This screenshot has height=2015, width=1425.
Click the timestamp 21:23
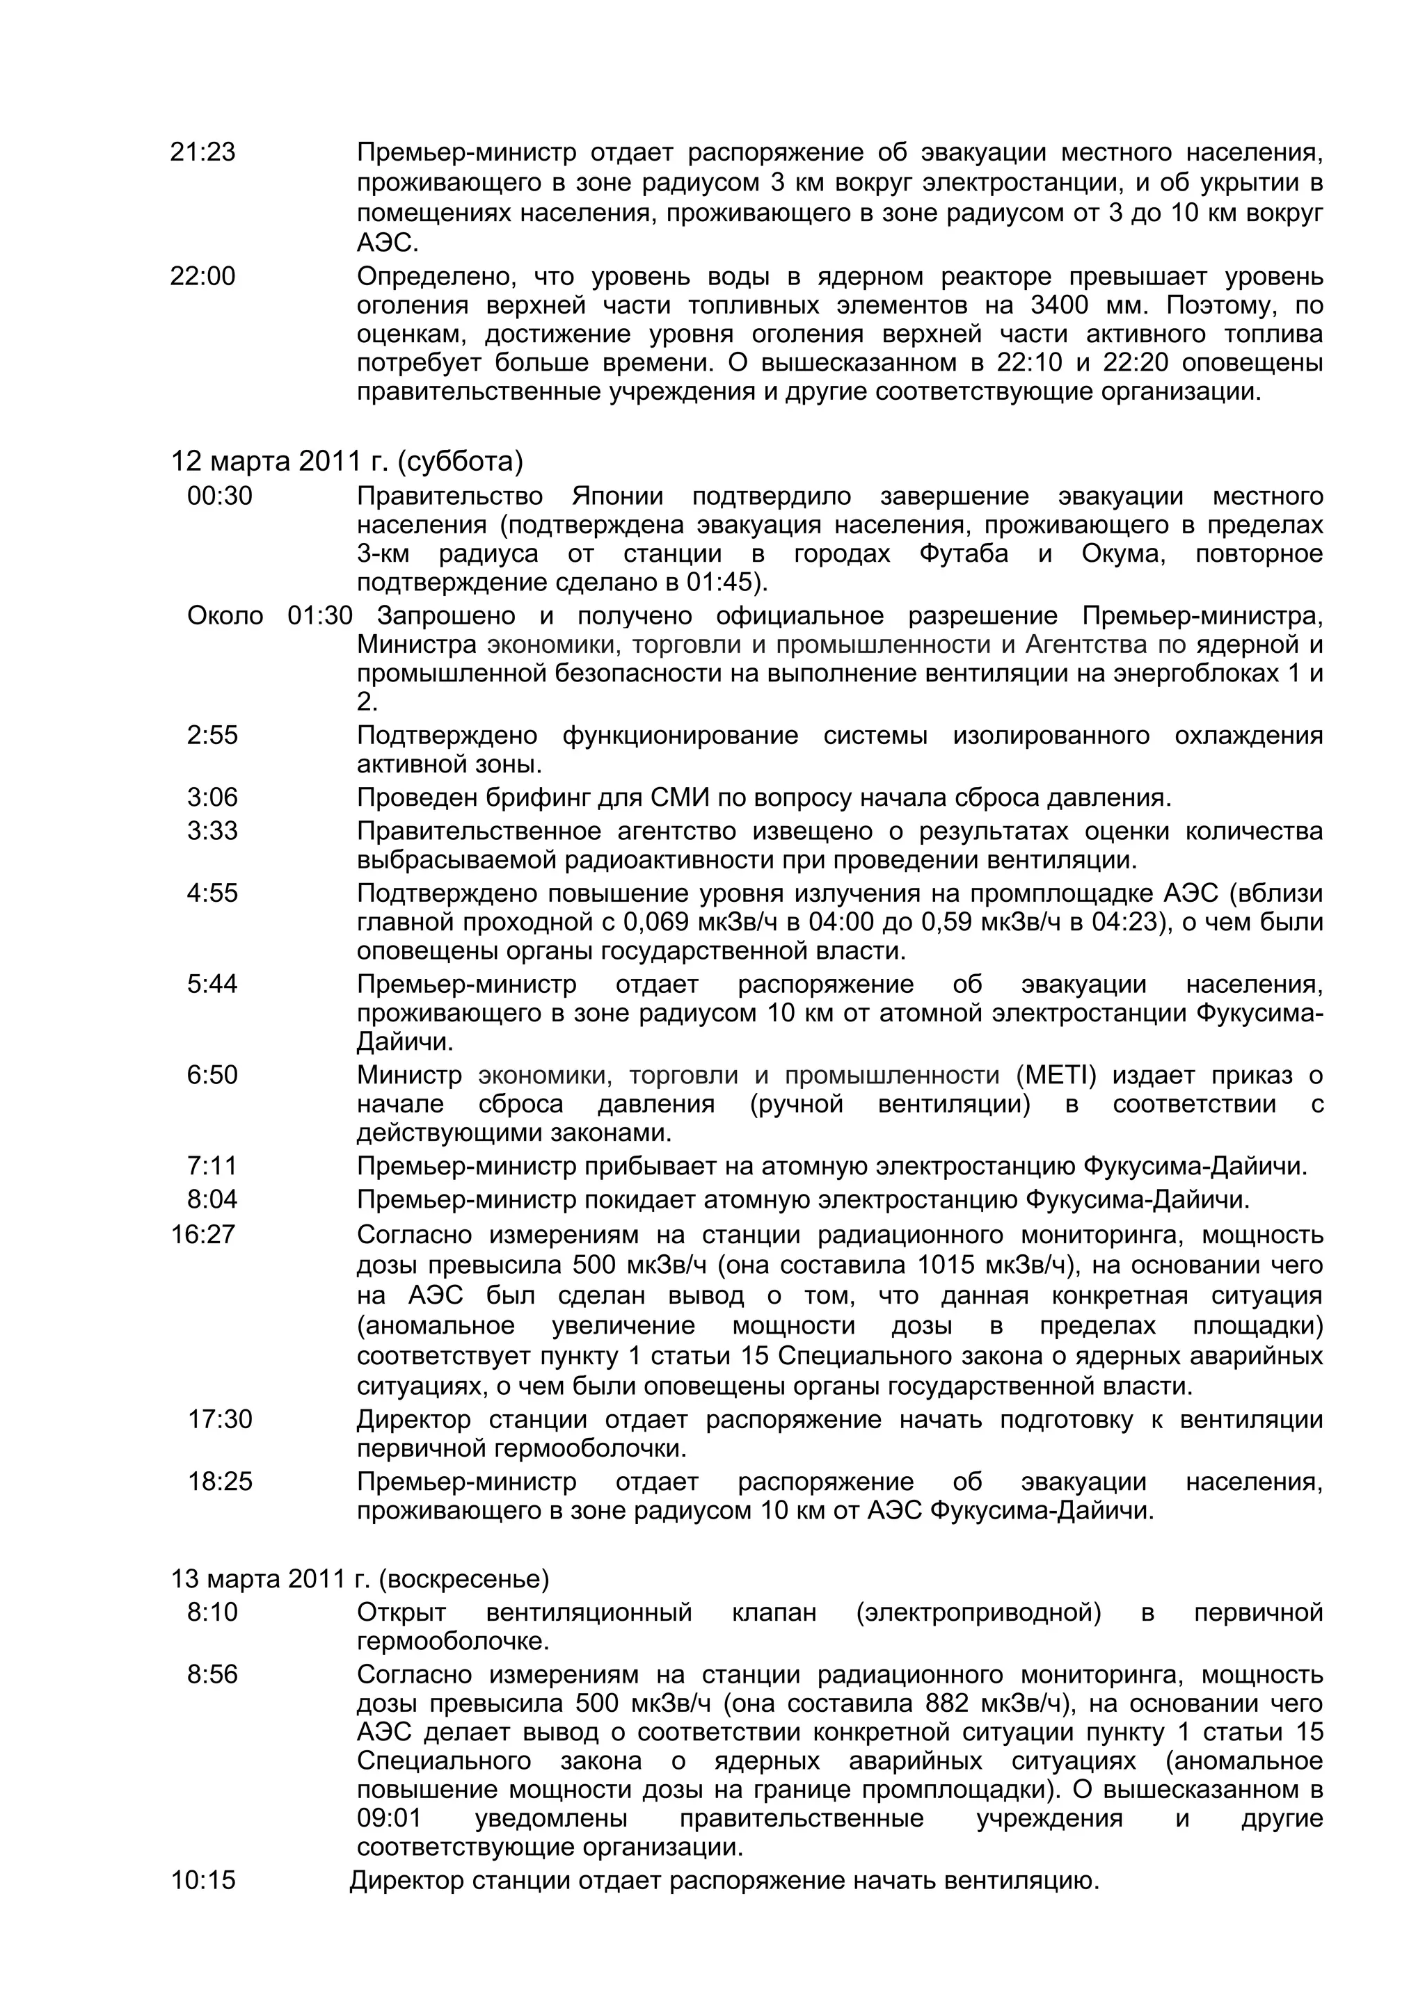(202, 153)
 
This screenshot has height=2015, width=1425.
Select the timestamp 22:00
(202, 277)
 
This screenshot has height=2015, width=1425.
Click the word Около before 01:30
(225, 616)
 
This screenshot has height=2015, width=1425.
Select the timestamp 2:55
(212, 734)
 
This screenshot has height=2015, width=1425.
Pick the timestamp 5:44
(212, 984)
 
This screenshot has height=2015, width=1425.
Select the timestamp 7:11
(212, 1166)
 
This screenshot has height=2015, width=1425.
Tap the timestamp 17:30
(219, 1419)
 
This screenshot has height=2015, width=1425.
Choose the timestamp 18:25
(219, 1482)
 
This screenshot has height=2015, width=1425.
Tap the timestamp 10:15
(202, 1881)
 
